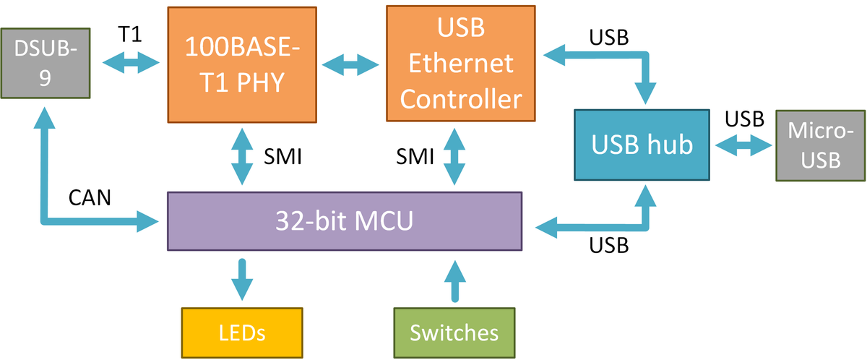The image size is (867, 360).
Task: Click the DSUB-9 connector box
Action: [45, 64]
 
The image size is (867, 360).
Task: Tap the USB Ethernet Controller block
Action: [461, 64]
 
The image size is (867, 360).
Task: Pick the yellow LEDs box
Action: [242, 333]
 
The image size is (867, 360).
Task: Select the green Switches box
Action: [454, 333]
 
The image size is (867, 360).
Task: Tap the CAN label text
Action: [90, 197]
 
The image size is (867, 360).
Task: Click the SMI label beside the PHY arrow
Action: [284, 155]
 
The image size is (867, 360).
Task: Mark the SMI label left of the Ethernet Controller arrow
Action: [414, 155]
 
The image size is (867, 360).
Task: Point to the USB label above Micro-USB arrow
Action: [745, 118]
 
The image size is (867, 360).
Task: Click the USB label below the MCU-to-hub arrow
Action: [609, 246]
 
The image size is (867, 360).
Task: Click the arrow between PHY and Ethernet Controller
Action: [352, 65]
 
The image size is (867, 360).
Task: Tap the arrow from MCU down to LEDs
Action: [242, 278]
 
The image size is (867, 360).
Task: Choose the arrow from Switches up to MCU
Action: [454, 280]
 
